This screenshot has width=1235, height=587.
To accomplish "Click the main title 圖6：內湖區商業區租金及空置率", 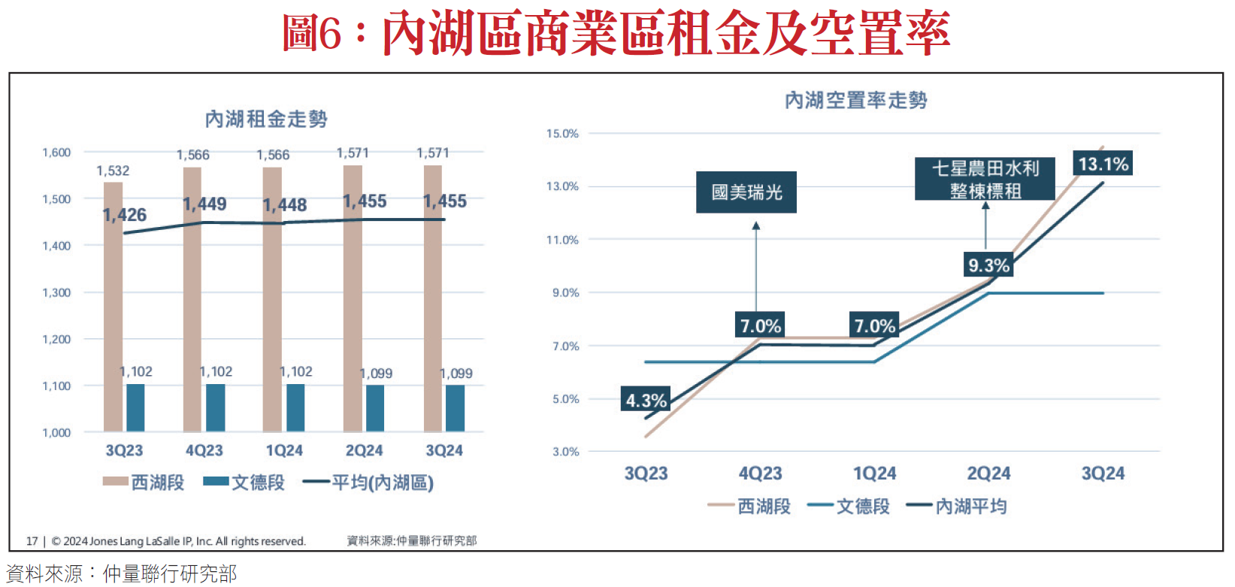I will [x=616, y=34].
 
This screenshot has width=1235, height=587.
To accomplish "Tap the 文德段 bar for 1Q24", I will [x=295, y=408].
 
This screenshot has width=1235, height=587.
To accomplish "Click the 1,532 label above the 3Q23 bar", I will [x=113, y=171].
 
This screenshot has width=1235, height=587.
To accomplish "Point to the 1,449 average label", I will [x=204, y=204].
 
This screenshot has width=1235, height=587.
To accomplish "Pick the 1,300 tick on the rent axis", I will [x=56, y=292].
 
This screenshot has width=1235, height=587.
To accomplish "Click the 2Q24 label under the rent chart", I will [x=364, y=450].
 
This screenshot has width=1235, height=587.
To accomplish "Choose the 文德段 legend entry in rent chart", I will [x=245, y=483].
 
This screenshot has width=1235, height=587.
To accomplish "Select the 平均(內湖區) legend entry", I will [x=369, y=483].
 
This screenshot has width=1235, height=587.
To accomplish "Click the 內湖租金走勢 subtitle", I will [x=266, y=119].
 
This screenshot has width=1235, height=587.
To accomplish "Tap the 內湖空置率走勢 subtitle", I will [x=855, y=100].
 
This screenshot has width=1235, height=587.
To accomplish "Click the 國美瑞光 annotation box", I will [x=746, y=192].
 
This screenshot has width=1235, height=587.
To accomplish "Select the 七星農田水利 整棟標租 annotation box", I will [x=985, y=179].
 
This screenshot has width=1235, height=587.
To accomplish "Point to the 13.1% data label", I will [x=1103, y=164].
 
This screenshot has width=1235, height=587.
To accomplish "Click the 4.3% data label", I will [x=646, y=401].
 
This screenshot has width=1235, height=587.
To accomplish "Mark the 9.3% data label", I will [x=988, y=265].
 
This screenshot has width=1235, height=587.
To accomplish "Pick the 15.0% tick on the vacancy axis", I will [x=562, y=134].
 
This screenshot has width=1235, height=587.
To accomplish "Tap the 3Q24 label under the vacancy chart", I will [x=1103, y=474].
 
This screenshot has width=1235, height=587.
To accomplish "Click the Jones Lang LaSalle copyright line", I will [x=178, y=541].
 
